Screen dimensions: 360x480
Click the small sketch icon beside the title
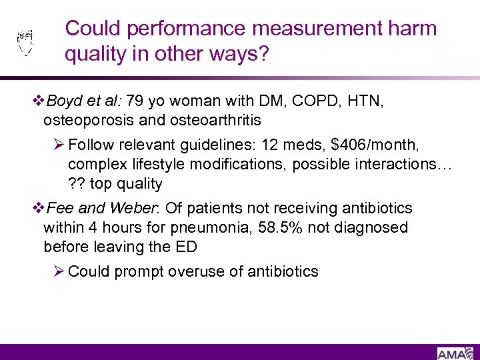(25, 43)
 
